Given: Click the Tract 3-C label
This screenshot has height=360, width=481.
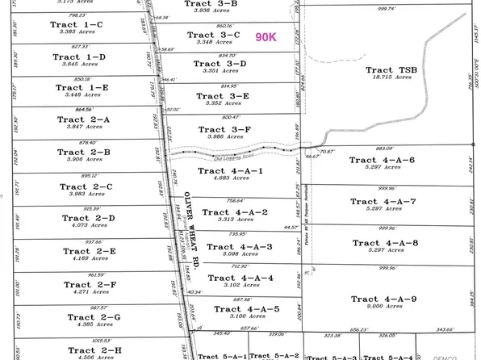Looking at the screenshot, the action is [213, 35].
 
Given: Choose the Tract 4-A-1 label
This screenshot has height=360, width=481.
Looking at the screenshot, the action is [232, 171].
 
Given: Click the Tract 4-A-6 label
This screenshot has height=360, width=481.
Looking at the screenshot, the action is [383, 161].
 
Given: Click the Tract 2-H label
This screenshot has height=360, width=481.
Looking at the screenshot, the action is [90, 350].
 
